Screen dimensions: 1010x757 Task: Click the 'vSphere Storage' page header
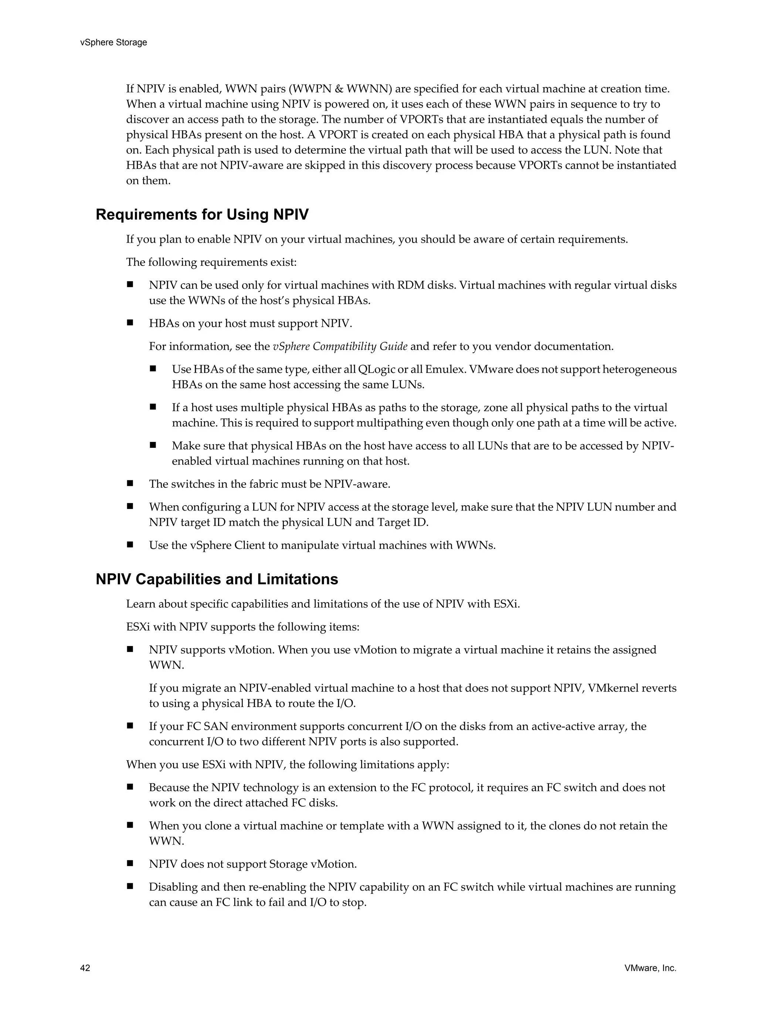click(x=113, y=43)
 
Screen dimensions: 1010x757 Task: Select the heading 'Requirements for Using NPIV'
click(x=202, y=215)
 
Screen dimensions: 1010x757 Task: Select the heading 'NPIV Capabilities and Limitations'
click(x=217, y=580)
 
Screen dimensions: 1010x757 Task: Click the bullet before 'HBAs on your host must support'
click(x=130, y=323)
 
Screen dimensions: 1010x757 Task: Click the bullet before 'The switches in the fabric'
click(x=130, y=483)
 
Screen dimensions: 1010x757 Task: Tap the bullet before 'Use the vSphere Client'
click(x=130, y=544)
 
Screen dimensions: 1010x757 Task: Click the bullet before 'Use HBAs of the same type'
click(x=153, y=368)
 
